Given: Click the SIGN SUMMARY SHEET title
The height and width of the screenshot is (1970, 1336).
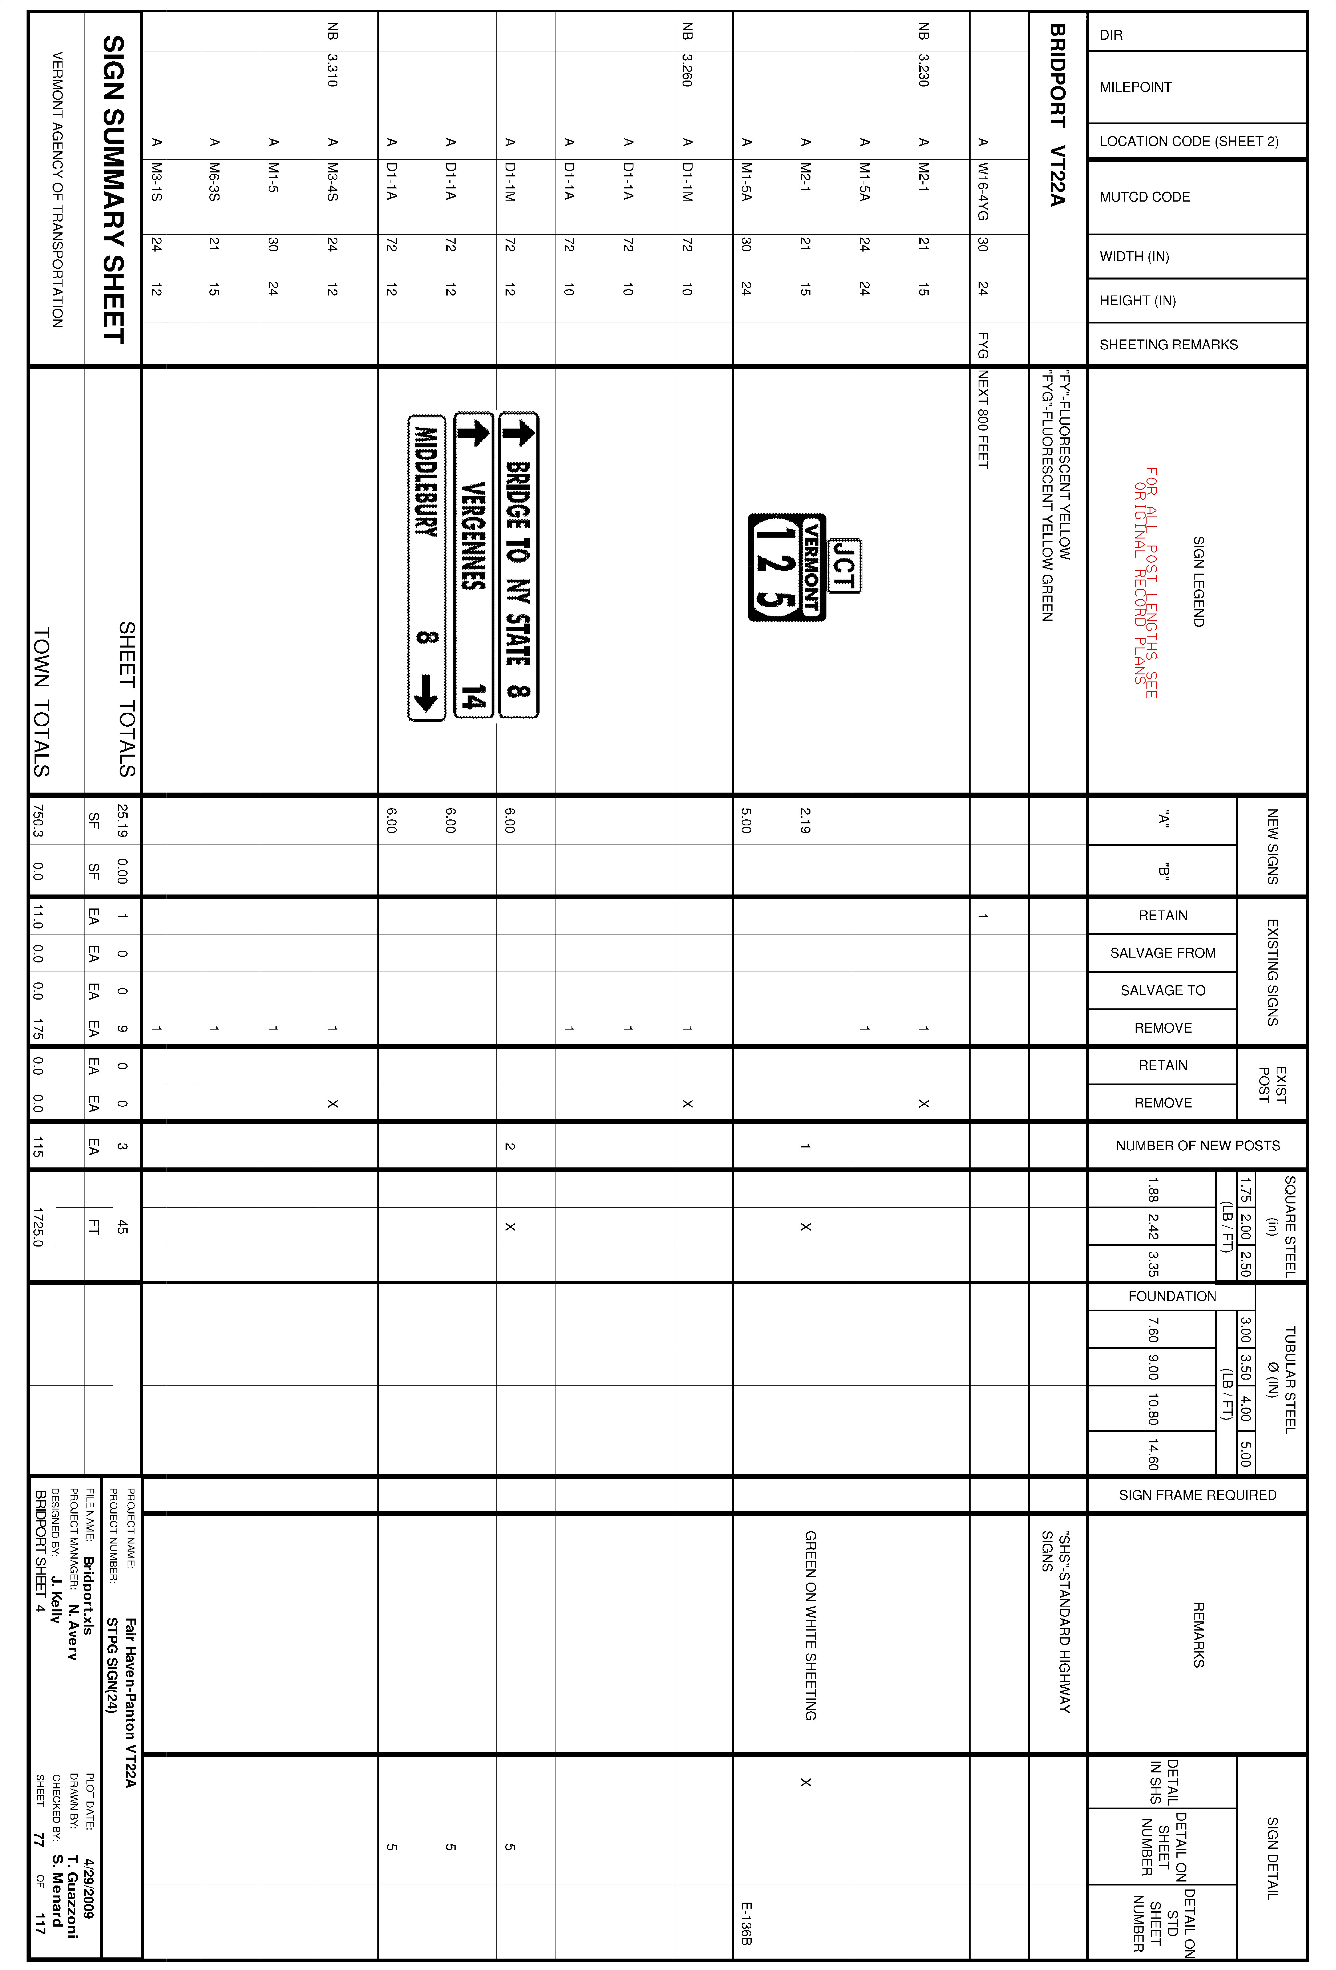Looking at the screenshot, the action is click(x=114, y=189).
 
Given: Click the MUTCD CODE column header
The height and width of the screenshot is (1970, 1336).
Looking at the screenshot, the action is click(x=1144, y=197).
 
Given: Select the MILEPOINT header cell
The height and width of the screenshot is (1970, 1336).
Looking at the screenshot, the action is click(x=1135, y=87).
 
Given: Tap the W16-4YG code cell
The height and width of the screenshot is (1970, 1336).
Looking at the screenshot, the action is click(x=983, y=192).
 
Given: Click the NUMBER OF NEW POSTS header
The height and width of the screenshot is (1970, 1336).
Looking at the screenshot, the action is click(x=1197, y=1145).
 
